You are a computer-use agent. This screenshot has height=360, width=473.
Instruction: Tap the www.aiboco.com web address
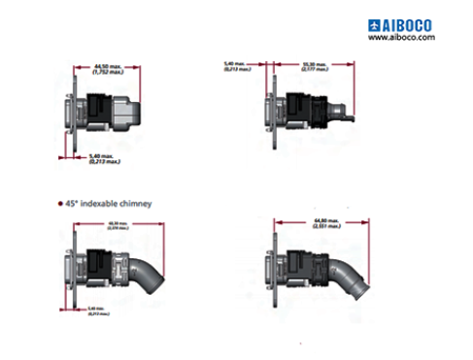[x=400, y=37]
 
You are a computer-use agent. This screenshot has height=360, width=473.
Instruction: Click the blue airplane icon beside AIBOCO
[x=376, y=23]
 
